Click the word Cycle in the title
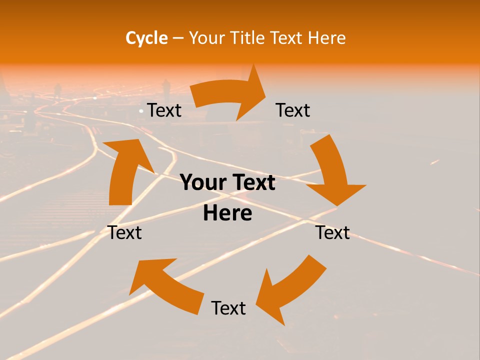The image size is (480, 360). click(146, 38)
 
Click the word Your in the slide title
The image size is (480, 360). click(207, 38)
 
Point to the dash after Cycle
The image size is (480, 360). click(178, 38)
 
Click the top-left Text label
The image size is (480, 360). click(164, 110)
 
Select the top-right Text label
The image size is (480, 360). click(293, 110)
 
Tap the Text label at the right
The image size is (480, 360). click(332, 232)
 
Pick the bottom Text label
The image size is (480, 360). click(228, 308)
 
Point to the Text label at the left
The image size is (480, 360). click(124, 232)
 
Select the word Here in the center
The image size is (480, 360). click(227, 213)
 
